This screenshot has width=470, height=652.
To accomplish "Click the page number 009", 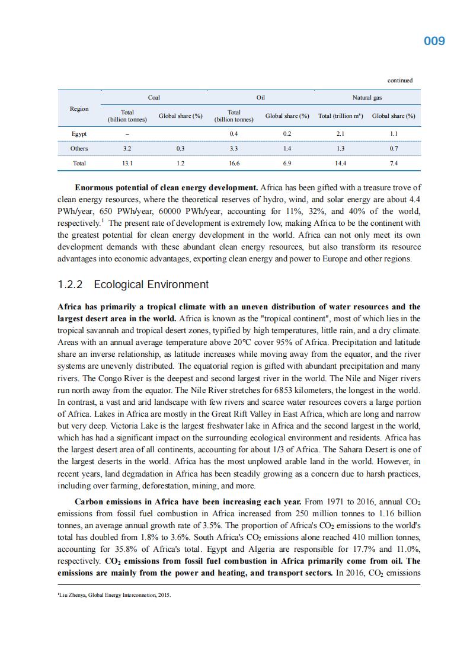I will point(434,41).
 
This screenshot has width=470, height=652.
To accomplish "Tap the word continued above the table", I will point(400,81).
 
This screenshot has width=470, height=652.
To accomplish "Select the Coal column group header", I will point(154,97).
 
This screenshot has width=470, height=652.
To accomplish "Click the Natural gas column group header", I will point(367,97).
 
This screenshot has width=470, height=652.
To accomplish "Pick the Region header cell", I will point(79,108).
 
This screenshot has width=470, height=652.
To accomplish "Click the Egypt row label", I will point(79,134).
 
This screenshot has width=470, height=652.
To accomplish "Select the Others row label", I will point(79,148).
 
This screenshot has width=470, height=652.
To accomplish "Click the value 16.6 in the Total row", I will point(234,163).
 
